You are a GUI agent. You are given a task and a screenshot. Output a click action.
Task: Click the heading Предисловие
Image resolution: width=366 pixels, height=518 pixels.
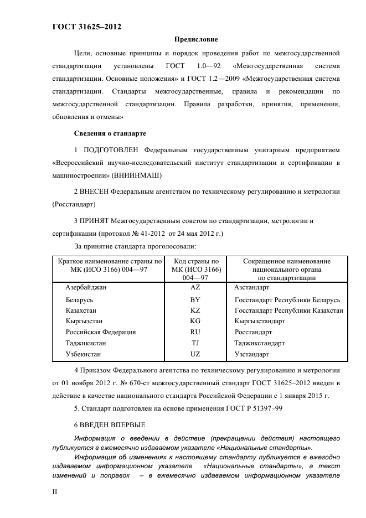click(196, 39)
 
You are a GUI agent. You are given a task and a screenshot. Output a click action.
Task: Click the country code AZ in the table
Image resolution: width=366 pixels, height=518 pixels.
click(195, 288)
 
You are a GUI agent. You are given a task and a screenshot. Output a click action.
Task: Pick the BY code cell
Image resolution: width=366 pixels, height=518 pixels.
click(195, 300)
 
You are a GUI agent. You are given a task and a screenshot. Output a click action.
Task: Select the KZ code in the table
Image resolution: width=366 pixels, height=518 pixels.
click(195, 310)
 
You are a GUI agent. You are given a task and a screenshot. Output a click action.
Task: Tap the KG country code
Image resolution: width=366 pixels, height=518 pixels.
click(195, 321)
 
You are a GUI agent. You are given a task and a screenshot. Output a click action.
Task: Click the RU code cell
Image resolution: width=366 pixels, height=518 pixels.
click(195, 332)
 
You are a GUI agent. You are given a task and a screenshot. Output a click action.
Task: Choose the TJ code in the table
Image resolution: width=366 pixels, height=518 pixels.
click(195, 343)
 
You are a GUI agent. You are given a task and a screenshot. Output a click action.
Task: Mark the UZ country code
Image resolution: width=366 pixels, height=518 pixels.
click(195, 354)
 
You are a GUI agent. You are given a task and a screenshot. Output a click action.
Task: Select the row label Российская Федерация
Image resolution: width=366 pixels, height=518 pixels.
click(100, 332)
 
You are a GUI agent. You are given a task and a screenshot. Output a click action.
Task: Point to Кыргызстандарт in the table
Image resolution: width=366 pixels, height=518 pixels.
click(260, 321)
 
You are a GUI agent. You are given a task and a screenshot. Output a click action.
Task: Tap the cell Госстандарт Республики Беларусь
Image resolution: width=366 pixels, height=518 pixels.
click(287, 300)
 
